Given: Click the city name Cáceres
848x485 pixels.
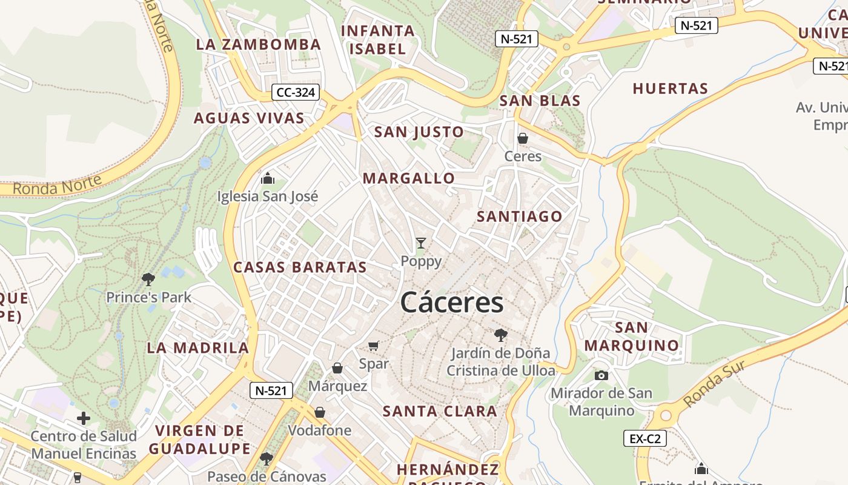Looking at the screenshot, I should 452,303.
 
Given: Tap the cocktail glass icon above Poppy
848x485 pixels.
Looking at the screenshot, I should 421,243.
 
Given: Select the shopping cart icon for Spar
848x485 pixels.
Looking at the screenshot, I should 374,346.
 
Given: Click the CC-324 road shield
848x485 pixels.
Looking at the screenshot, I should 295,93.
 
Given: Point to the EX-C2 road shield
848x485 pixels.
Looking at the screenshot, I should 644,438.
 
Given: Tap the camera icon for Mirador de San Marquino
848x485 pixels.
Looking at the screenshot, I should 601,375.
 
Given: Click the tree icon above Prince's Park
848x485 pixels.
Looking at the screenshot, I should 148,279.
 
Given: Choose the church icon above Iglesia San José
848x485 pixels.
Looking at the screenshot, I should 267,178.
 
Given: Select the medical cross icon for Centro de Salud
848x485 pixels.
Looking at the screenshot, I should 84,418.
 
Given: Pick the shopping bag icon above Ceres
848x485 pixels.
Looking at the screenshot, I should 523,138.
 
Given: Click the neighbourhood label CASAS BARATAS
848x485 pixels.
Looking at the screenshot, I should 300,267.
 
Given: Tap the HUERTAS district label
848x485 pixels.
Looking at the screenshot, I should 670,89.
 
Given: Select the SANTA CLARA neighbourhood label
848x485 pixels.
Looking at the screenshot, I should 440,412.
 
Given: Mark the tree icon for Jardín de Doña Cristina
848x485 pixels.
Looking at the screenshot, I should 500,335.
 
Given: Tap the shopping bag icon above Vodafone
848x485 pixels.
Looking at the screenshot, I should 320,413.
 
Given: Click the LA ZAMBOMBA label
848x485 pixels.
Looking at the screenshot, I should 259,45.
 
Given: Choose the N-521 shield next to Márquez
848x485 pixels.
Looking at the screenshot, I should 271,390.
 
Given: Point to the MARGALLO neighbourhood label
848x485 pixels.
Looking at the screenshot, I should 409,178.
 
